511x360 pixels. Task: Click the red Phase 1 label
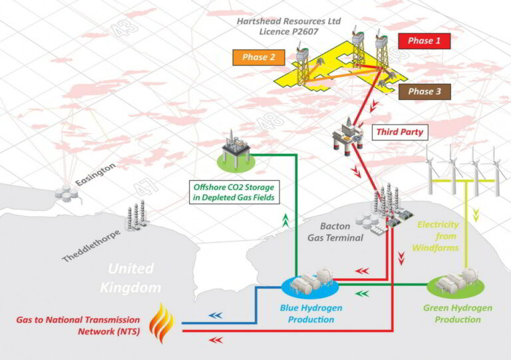[x=425, y=41]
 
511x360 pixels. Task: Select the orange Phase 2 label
[x=259, y=57]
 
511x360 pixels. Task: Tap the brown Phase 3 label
[x=425, y=92]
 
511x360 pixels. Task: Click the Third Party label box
[x=400, y=132]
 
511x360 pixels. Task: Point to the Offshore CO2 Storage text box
[x=234, y=192]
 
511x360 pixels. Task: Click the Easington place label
[x=96, y=174]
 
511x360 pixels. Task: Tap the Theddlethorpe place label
[x=91, y=246]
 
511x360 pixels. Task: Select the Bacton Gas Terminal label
[x=335, y=232]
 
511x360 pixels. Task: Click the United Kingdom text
[x=130, y=278]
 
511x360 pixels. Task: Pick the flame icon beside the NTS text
[x=162, y=323]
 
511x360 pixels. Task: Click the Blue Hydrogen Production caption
[x=311, y=313]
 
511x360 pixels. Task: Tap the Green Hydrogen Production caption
[x=458, y=313]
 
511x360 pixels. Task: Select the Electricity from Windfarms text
[x=436, y=236]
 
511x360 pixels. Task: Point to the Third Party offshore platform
[x=348, y=137]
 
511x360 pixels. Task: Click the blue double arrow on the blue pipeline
[x=216, y=315]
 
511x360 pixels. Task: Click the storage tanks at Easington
[x=67, y=192]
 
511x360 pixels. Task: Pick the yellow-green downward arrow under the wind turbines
[x=476, y=216]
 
